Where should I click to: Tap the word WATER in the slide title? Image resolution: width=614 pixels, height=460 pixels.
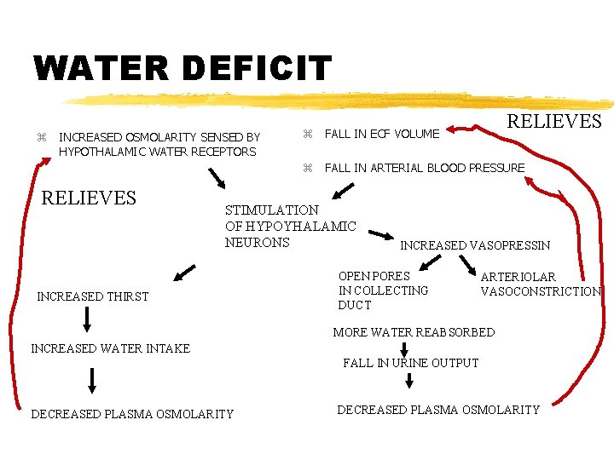pyautogui.click(x=90, y=69)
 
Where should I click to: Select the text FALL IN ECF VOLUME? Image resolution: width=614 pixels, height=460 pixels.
pyautogui.click(x=382, y=134)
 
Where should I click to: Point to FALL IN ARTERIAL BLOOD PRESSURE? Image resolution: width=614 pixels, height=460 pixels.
pyautogui.click(x=425, y=168)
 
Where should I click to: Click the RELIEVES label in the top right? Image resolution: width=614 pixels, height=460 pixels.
pyautogui.click(x=554, y=122)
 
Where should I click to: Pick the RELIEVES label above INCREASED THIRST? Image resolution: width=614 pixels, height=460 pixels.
pyautogui.click(x=89, y=198)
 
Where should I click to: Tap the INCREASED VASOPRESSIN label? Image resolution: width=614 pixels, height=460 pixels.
pyautogui.click(x=475, y=245)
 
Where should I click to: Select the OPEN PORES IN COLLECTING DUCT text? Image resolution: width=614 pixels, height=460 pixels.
pyautogui.click(x=383, y=290)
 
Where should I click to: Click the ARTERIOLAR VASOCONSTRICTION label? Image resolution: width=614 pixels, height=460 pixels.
pyautogui.click(x=541, y=284)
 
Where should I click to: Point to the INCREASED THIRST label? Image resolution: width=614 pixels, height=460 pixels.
pyautogui.click(x=92, y=296)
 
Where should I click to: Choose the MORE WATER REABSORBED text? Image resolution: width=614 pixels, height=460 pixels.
pyautogui.click(x=413, y=332)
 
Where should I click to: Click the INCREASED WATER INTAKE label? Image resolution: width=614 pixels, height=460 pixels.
pyautogui.click(x=110, y=348)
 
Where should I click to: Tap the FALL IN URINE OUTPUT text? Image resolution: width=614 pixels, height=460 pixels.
pyautogui.click(x=410, y=363)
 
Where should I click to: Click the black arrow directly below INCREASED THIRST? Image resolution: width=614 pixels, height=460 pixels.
pyautogui.click(x=87, y=319)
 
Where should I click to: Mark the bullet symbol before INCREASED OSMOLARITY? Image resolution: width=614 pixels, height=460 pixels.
pyautogui.click(x=41, y=137)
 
